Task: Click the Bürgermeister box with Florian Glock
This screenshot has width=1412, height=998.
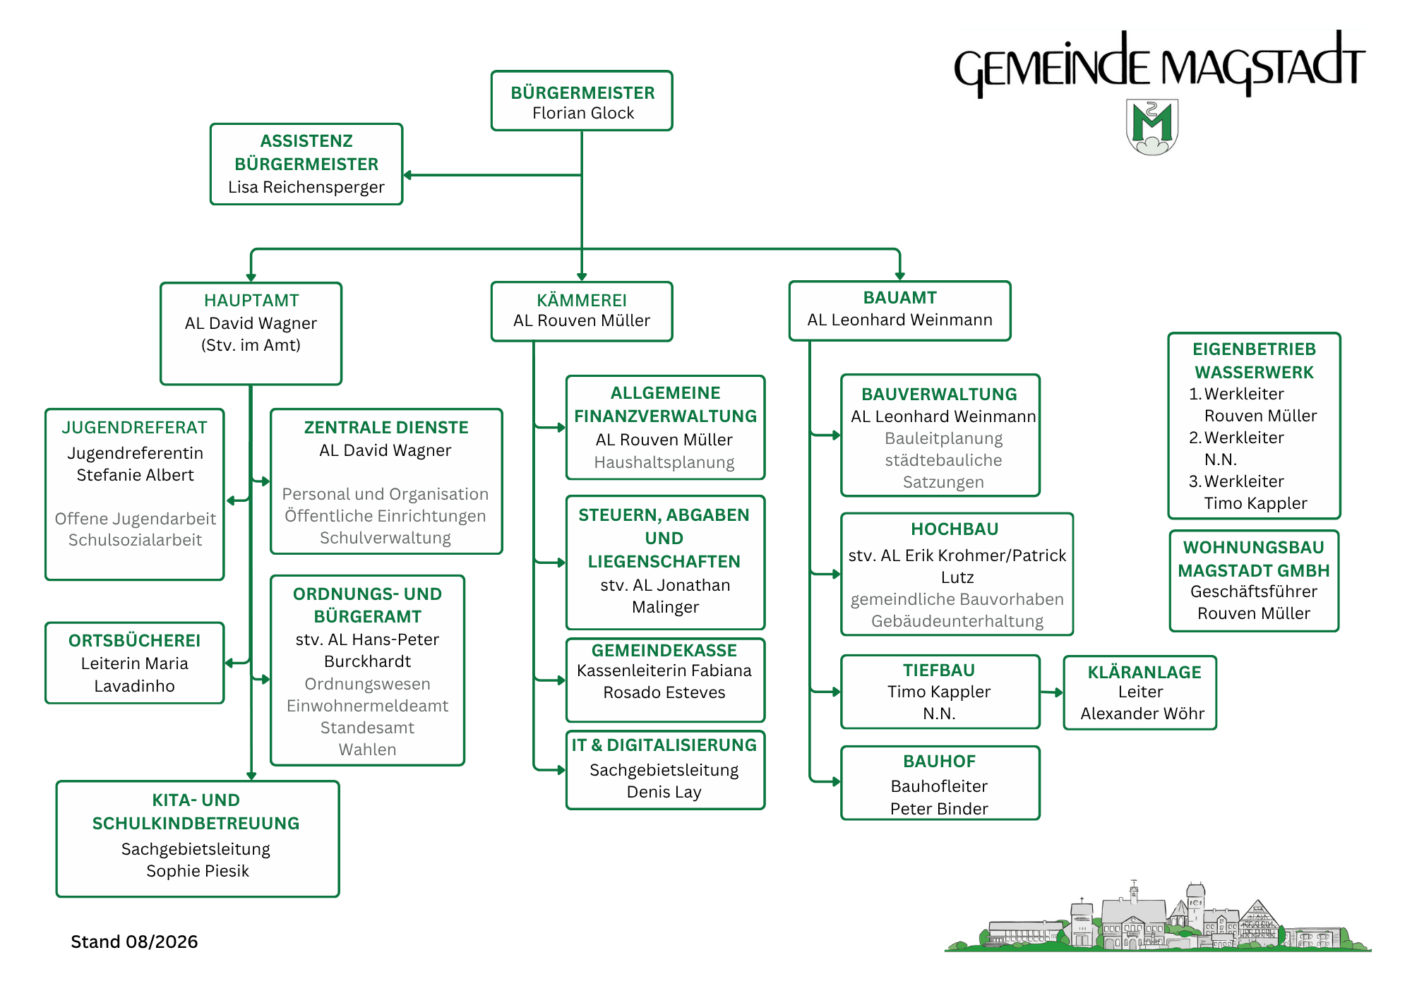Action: pyautogui.click(x=582, y=101)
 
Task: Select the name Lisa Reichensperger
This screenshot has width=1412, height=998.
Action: pyautogui.click(x=306, y=187)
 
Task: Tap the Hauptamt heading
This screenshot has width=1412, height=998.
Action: pyautogui.click(x=251, y=301)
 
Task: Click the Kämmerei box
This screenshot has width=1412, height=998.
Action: pyautogui.click(x=582, y=311)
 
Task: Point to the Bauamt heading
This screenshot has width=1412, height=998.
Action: pyautogui.click(x=899, y=298)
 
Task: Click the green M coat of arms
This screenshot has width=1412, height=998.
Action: pyautogui.click(x=1152, y=127)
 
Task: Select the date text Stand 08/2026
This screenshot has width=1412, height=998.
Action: pyautogui.click(x=134, y=942)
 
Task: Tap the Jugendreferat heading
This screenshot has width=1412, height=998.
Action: pyautogui.click(x=135, y=428)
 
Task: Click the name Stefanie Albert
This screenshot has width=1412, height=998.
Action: pyautogui.click(x=135, y=475)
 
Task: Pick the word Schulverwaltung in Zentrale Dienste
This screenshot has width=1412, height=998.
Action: pyautogui.click(x=385, y=538)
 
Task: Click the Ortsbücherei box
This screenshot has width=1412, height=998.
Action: pyautogui.click(x=135, y=663)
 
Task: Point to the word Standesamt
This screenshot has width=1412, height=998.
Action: pyautogui.click(x=367, y=728)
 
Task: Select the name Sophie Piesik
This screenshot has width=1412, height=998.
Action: pyautogui.click(x=198, y=871)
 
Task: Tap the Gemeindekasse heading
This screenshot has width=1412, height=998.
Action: pyautogui.click(x=664, y=651)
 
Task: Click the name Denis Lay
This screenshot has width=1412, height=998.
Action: pyautogui.click(x=664, y=792)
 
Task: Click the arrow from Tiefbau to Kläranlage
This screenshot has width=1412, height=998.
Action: pyautogui.click(x=1052, y=692)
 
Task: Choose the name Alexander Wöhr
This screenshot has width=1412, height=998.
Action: pyautogui.click(x=1142, y=714)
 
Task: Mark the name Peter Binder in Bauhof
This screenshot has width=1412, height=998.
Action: pyautogui.click(x=939, y=809)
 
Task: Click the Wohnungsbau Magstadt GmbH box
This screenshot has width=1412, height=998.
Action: pyautogui.click(x=1254, y=581)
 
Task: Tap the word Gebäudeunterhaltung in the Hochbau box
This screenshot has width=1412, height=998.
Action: pyautogui.click(x=957, y=621)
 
